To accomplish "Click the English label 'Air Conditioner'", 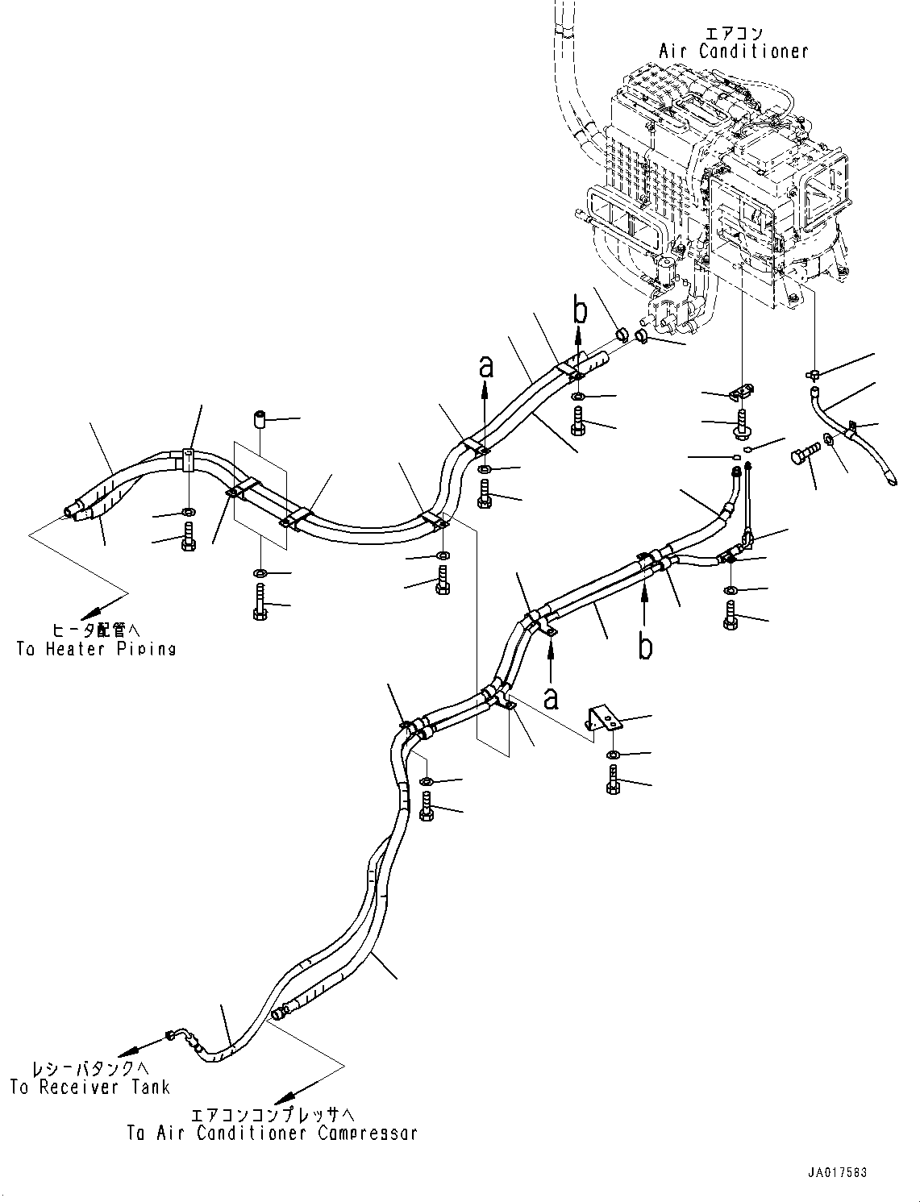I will (733, 52).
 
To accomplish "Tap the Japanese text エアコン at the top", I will (733, 33).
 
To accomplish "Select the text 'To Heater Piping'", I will (96, 649).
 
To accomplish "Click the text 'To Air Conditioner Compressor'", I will (272, 1133).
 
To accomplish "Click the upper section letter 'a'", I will (485, 367).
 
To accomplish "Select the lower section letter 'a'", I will (551, 698).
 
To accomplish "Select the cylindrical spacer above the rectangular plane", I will (260, 421).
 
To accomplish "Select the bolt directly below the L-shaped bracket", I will (614, 780).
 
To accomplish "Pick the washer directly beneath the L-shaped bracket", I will (613, 754).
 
